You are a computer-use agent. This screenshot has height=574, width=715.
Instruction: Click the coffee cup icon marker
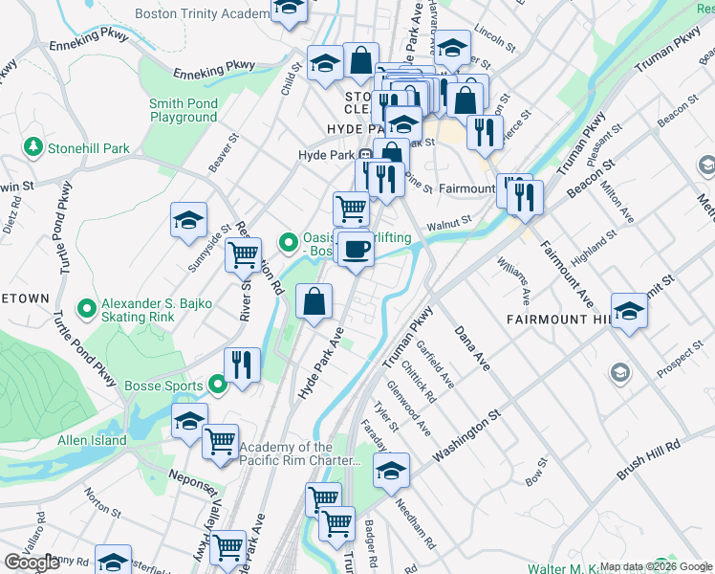click(x=357, y=250)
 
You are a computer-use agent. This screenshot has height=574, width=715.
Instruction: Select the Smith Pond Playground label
click(x=183, y=111)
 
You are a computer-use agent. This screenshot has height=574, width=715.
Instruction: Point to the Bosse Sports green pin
click(x=217, y=386)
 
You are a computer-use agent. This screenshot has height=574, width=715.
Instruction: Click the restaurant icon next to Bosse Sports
click(x=242, y=364)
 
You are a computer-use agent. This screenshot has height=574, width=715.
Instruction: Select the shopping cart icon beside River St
click(x=244, y=255)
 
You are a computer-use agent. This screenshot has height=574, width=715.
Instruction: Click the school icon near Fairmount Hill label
click(x=629, y=310)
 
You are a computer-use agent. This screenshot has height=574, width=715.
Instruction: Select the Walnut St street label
click(x=450, y=223)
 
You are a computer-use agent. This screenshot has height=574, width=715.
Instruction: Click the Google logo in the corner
click(x=32, y=563)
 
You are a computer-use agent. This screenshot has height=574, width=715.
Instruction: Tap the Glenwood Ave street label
click(x=406, y=407)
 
